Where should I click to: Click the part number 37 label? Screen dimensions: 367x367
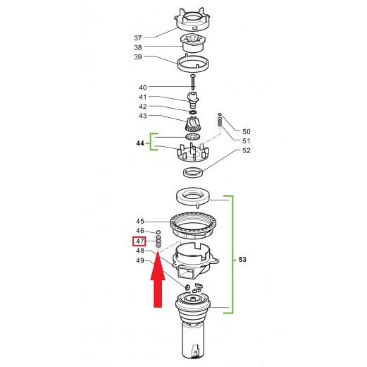pyautogui.click(x=138, y=38)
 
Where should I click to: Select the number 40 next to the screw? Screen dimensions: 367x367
pyautogui.click(x=143, y=88)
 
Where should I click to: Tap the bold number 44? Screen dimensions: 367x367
pyautogui.click(x=140, y=143)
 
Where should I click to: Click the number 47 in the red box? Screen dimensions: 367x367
pyautogui.click(x=139, y=241)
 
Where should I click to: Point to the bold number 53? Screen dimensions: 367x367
pyautogui.click(x=243, y=259)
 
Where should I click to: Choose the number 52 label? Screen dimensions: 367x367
pyautogui.click(x=246, y=150)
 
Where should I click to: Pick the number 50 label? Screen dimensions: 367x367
pyautogui.click(x=246, y=132)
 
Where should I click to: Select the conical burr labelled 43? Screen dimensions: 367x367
pyautogui.click(x=193, y=125)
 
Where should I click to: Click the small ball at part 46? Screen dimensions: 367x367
pyautogui.click(x=158, y=232)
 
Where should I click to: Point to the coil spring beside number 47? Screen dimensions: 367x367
pyautogui.click(x=158, y=242)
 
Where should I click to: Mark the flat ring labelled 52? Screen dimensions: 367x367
pyautogui.click(x=193, y=172)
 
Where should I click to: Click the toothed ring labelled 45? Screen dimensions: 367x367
pyautogui.click(x=193, y=225)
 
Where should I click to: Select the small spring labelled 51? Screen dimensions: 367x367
pyautogui.click(x=220, y=122)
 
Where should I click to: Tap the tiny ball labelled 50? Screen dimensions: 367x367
pyautogui.click(x=220, y=114)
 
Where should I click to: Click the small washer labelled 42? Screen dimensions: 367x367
pyautogui.click(x=193, y=112)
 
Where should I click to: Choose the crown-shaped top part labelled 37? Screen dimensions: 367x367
pyautogui.click(x=192, y=20)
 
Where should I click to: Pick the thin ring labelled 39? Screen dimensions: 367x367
pyautogui.click(x=193, y=63)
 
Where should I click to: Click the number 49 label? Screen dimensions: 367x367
pyautogui.click(x=140, y=261)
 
